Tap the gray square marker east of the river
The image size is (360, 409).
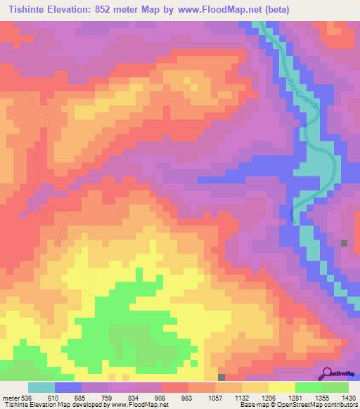click(345, 243)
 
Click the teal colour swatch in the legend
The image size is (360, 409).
click(41, 387)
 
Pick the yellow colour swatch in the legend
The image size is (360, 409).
click(281, 387)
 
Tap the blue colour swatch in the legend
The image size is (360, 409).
click(68, 387)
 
